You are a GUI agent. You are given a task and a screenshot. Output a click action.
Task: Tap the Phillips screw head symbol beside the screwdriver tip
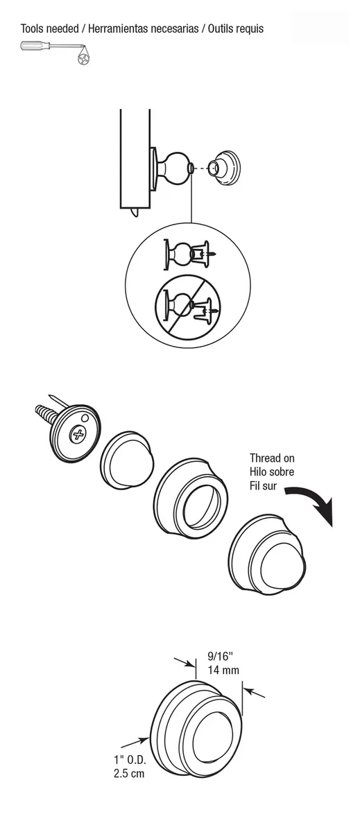coord(84,59)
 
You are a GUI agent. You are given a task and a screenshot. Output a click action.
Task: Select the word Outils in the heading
coord(220,28)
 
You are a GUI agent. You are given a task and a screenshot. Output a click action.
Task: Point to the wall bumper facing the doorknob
coord(223,166)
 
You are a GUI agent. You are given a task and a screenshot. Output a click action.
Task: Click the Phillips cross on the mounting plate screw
coord(78,434)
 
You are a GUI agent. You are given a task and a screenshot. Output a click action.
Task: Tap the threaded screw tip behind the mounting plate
coord(44,413)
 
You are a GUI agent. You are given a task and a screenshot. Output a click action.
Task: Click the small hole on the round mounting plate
coord(85,418)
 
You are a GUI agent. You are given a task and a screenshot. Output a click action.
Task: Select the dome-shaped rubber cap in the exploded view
coord(127,459)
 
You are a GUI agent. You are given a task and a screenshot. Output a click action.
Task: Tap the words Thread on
coord(272,458)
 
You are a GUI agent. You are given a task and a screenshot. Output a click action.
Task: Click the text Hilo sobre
coord(272,471)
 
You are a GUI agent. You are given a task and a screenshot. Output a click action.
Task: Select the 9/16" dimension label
coord(220,657)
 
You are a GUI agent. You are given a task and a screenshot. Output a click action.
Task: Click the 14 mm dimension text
coord(223,670)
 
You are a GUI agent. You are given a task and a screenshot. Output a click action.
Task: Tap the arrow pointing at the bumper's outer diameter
coord(135,742)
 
